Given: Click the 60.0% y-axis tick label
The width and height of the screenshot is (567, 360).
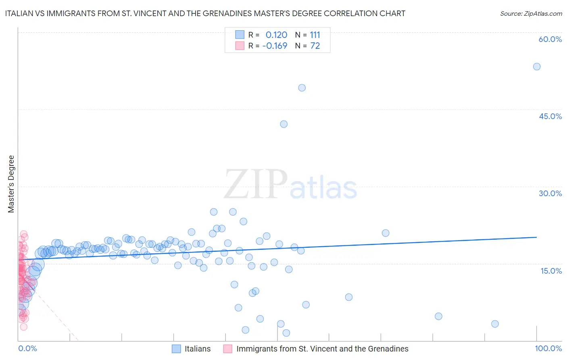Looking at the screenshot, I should [550, 39].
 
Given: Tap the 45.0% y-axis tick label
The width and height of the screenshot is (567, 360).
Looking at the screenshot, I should [550, 116].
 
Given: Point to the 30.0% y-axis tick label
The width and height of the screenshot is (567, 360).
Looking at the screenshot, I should [550, 193].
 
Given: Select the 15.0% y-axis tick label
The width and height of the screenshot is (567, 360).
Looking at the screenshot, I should [551, 271].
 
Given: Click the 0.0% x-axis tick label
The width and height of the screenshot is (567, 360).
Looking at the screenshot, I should [27, 348].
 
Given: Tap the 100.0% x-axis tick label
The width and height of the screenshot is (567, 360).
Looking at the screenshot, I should [548, 348].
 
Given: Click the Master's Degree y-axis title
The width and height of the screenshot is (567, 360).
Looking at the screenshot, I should [11, 184].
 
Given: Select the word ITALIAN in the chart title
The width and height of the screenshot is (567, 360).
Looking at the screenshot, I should [20, 13].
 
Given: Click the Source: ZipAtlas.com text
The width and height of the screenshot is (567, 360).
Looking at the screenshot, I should [531, 14].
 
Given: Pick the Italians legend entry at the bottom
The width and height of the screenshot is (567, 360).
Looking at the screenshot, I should [197, 349].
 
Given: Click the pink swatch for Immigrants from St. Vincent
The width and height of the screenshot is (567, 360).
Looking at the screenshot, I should [228, 349].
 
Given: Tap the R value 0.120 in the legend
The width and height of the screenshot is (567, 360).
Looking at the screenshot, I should [276, 35].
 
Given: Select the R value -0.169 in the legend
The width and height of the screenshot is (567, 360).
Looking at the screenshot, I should [275, 46].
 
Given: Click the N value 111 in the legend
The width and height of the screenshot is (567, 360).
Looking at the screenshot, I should [315, 35].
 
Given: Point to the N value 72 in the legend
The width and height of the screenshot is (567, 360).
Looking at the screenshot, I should [315, 46].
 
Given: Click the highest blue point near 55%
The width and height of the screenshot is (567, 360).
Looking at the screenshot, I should [537, 67].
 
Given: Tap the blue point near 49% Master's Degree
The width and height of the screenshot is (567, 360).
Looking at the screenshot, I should [302, 88].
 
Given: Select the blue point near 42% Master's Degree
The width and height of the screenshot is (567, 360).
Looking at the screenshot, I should [283, 124].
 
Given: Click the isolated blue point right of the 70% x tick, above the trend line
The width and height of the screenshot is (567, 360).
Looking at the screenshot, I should [386, 233].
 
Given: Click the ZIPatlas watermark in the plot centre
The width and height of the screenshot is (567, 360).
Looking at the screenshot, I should [290, 185].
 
